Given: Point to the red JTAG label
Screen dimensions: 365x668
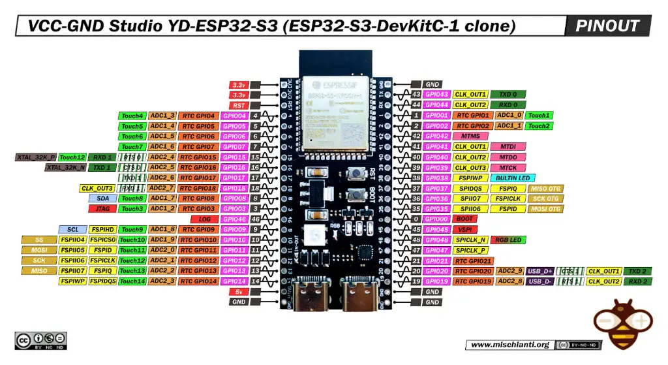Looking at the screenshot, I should click(102, 209).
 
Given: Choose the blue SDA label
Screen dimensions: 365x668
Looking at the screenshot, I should click(102, 198).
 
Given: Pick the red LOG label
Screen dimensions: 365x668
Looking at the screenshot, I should click(204, 219).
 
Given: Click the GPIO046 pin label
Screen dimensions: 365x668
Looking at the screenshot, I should click(234, 219).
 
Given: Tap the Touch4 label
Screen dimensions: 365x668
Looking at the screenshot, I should click(132, 116).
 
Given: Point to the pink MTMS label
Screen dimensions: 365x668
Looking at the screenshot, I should click(470, 136).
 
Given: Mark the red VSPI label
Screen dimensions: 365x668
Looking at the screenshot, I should click(464, 229).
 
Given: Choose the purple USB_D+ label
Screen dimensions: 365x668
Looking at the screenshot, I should click(540, 271).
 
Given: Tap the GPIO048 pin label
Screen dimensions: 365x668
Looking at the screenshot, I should click(436, 240).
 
